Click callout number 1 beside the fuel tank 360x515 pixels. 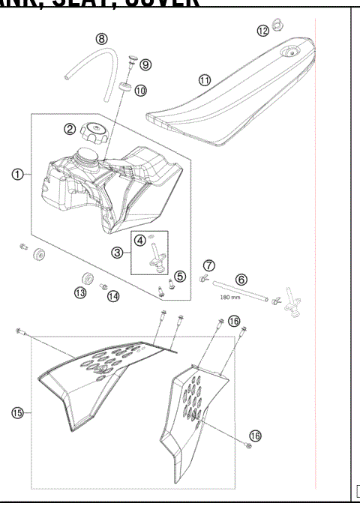pos(16,175)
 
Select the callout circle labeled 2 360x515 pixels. pos(70,129)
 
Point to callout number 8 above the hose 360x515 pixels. pos(101,38)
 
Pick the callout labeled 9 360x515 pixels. pos(145,64)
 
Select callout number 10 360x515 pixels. pos(141,89)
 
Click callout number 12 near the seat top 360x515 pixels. pos(262,30)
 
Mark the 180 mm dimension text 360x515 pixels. pos(229,297)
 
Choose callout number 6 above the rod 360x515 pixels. pos(241,278)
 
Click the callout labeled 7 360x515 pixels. pos(209,265)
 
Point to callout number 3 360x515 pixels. pos(118,253)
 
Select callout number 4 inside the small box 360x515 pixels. pos(140,240)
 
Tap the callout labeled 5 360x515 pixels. pos(180,276)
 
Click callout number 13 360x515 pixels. pos(79,293)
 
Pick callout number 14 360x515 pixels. pos(112,296)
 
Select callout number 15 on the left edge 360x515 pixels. pos(16,411)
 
